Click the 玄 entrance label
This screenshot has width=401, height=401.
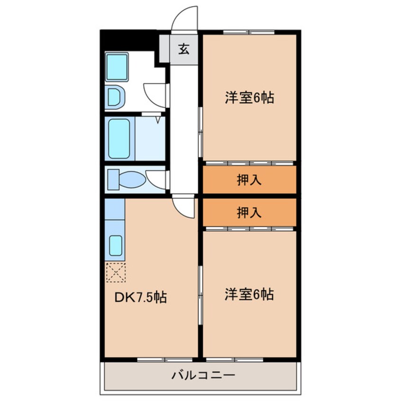[184, 49]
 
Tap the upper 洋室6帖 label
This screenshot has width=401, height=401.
[249, 98]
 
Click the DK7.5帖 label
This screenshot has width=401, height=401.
[141, 297]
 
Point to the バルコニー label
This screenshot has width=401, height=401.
[203, 375]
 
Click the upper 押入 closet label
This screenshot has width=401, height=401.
[249, 180]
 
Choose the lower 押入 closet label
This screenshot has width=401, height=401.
[249, 212]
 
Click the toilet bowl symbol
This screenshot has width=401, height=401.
[132, 180]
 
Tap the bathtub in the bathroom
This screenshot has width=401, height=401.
[119, 138]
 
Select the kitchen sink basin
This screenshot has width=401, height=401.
[116, 246]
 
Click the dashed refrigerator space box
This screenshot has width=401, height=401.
[116, 273]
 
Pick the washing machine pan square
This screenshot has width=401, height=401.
[117, 67]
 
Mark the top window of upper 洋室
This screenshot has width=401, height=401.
[249, 32]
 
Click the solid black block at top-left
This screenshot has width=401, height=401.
[128, 40]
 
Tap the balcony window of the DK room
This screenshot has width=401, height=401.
[165, 360]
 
